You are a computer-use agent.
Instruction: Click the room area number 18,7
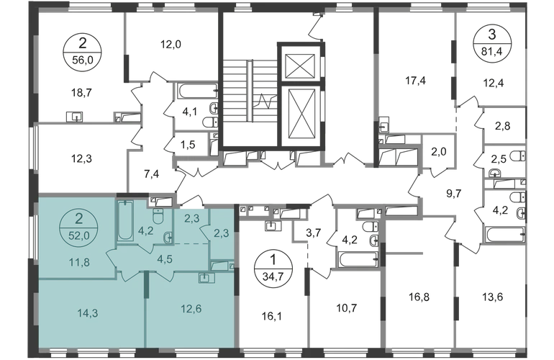[x=81, y=93]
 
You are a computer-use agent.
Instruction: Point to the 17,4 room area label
[x=415, y=81]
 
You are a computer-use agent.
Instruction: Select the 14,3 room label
[x=88, y=313]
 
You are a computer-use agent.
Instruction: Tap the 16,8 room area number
[x=419, y=297]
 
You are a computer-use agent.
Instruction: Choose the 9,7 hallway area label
[x=454, y=194]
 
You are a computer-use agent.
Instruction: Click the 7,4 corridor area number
[x=152, y=174]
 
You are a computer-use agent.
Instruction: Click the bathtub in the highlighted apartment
[x=125, y=220]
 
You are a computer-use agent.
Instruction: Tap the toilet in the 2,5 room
[x=519, y=156]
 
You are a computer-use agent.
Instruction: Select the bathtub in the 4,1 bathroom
[x=198, y=91]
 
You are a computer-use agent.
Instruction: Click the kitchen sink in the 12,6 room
[x=206, y=278]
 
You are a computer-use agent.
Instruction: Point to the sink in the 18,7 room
[x=75, y=117]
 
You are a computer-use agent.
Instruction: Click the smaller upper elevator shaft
[x=300, y=66]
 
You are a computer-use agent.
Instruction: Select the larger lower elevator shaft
[x=301, y=114]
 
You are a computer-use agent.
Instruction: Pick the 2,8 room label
[x=502, y=125]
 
